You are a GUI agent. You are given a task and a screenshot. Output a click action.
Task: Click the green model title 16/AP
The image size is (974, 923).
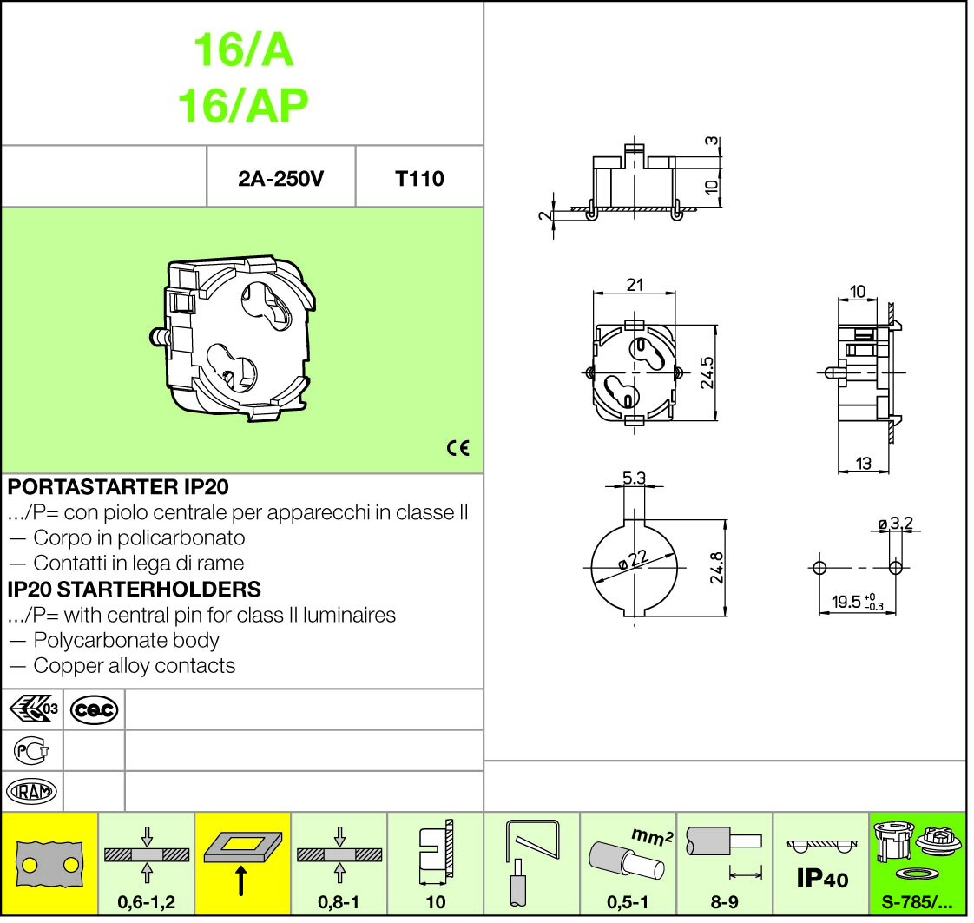tap(243, 106)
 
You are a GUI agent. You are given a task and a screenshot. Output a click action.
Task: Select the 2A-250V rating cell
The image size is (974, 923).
tap(280, 179)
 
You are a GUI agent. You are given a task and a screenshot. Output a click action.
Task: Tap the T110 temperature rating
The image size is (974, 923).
tap(419, 179)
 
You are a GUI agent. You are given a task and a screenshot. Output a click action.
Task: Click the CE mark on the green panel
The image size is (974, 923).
tap(458, 448)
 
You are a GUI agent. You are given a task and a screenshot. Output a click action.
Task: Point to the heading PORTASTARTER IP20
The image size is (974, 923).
tap(118, 487)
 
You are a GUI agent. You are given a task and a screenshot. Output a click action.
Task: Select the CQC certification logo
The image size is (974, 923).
tap(94, 709)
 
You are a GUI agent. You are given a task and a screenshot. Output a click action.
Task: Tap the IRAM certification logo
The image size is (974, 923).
tap(31, 791)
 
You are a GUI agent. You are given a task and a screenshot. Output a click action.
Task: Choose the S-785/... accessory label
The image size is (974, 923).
tap(917, 902)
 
